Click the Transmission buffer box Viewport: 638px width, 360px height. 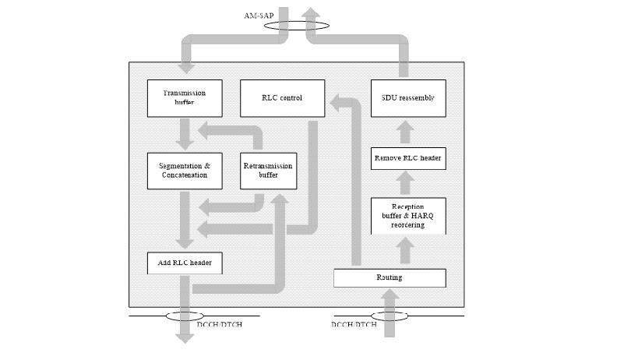tap(185, 98)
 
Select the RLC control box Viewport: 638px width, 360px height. tap(281, 98)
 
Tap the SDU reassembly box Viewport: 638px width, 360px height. tap(408, 98)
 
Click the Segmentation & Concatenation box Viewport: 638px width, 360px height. tap(185, 170)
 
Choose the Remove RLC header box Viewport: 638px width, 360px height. tap(408, 159)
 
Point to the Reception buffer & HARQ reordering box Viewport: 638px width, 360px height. tap(408, 216)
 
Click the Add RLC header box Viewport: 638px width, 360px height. tap(185, 263)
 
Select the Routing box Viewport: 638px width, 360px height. tap(389, 277)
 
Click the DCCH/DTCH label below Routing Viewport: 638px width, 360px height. tap(355, 324)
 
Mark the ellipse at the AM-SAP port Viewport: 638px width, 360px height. tap(297, 24)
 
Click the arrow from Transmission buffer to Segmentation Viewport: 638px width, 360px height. tap(185, 134)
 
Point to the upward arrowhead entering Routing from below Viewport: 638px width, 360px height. tap(389, 295)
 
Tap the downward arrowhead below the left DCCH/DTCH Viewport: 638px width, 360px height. tap(185, 337)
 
